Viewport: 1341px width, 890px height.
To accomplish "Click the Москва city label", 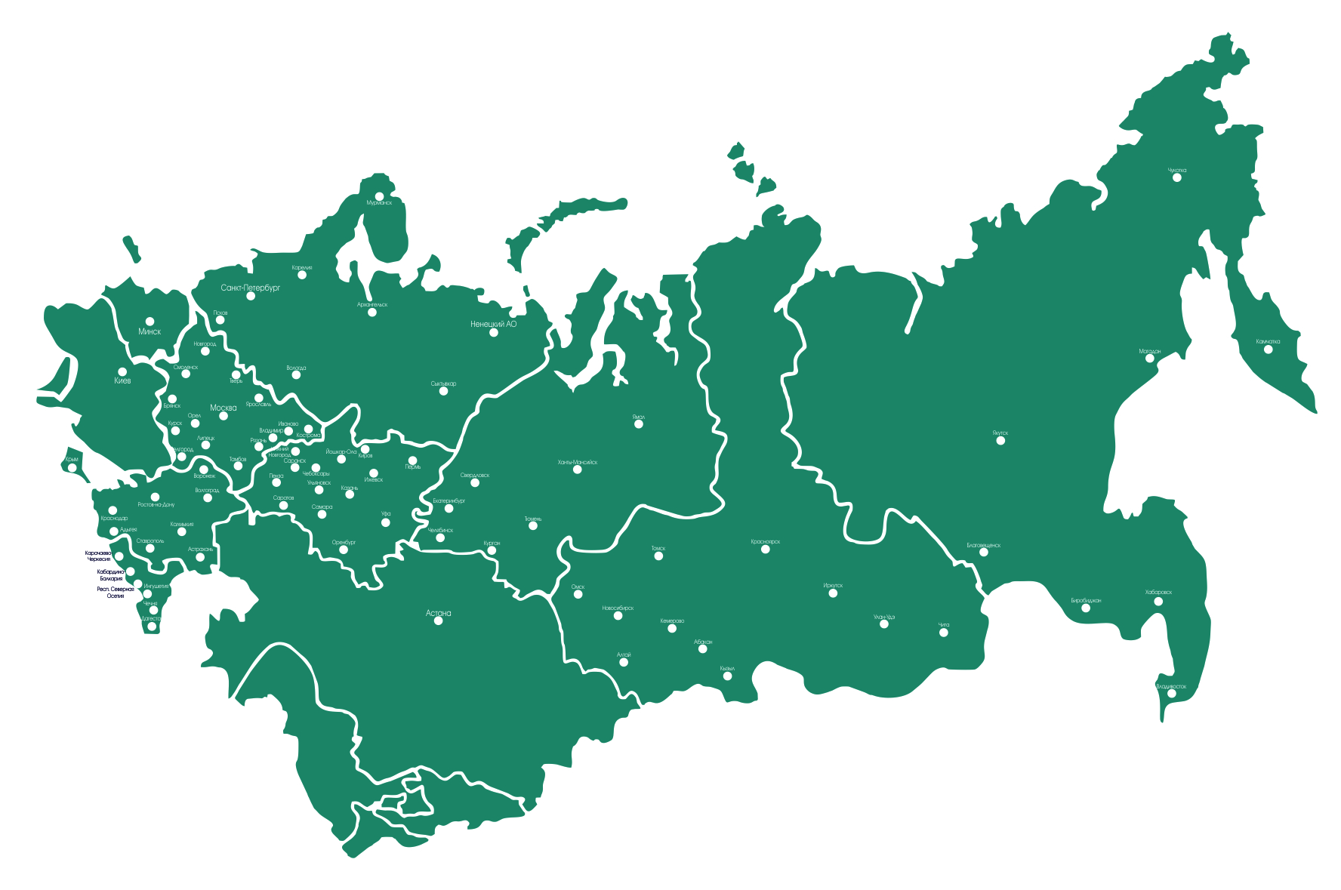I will [223, 408].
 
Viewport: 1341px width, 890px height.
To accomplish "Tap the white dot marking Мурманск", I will [379, 196].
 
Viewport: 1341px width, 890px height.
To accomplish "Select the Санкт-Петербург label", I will [251, 288].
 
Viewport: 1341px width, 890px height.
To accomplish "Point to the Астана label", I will [438, 613].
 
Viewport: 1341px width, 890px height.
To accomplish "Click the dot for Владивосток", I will [1172, 694].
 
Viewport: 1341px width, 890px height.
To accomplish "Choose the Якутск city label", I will [1000, 433].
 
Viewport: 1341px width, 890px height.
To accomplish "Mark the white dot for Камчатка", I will [1268, 350].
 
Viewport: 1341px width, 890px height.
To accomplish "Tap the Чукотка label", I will [1177, 171].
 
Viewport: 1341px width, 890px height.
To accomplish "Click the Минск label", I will [150, 331].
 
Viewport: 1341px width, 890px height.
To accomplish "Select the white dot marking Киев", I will [122, 371].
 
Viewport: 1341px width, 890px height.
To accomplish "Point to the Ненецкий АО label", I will [493, 324].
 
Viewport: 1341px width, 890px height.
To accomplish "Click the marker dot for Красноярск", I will [766, 550].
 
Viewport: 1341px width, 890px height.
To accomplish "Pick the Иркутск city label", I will [833, 585].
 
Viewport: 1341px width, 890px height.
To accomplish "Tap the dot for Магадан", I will [1150, 359].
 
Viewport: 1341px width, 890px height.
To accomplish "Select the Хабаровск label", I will [1158, 593].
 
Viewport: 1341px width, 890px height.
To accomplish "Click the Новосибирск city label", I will [618, 608].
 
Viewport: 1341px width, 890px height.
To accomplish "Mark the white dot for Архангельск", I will [372, 313].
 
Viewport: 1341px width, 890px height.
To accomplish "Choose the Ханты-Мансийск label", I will [577, 462].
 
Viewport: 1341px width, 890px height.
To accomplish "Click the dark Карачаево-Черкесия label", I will [98, 556].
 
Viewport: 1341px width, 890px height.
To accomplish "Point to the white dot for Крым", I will [72, 468].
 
